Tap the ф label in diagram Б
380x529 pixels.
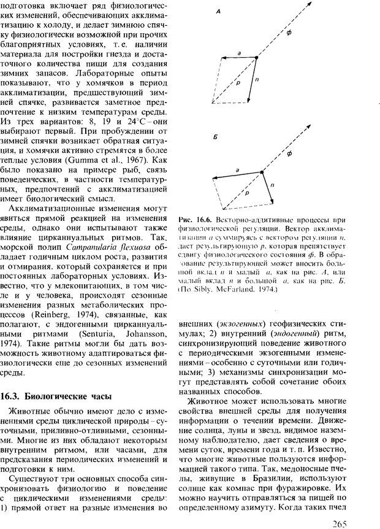(x=289, y=150)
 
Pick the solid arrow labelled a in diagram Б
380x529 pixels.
(x=235, y=175)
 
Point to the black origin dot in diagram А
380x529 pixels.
(x=256, y=58)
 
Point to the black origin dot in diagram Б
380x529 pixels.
(x=262, y=172)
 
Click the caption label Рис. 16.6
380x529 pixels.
(x=194, y=220)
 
